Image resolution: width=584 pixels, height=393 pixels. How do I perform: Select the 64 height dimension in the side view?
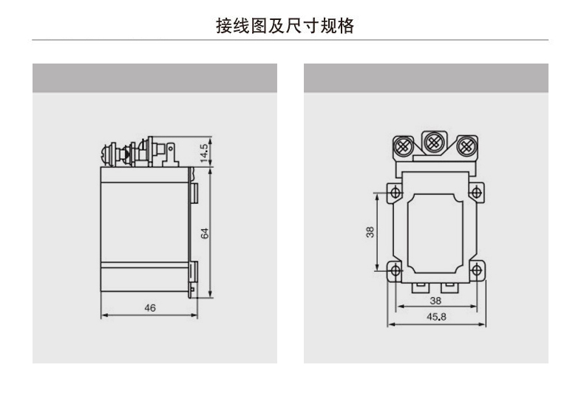click(x=206, y=233)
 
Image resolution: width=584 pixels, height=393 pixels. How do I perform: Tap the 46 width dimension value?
click(x=150, y=308)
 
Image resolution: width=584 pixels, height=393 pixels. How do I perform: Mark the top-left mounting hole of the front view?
click(x=396, y=194)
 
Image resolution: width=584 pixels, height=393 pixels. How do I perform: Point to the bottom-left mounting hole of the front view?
click(x=396, y=270)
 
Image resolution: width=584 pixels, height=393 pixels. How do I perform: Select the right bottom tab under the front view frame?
click(x=449, y=284)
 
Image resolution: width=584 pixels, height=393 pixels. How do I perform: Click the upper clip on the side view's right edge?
click(x=194, y=194)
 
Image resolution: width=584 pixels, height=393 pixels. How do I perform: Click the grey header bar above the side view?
click(x=155, y=78)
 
